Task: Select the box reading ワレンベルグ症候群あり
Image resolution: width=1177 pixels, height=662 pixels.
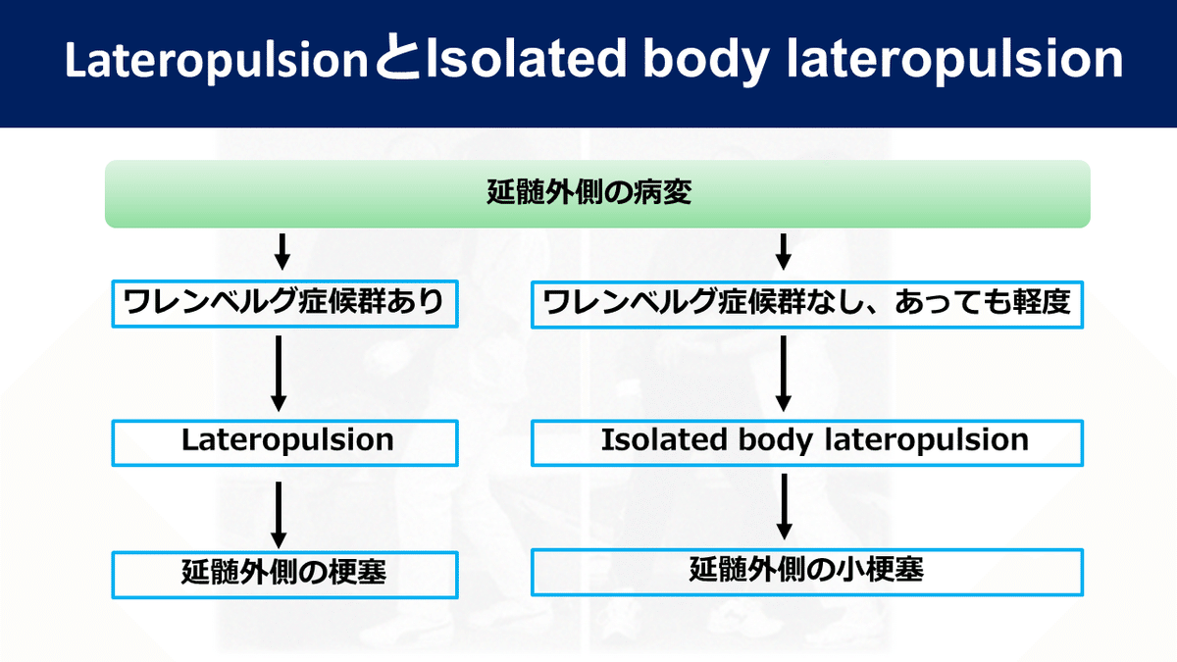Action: point(285,305)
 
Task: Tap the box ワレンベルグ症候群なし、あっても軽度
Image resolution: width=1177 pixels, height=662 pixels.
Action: point(806,305)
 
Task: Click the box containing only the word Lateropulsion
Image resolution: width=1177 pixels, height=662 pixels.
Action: point(285,441)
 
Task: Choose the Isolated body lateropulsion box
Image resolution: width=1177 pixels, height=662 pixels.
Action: point(806,441)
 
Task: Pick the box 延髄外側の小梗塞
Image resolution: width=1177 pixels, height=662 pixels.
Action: point(806,571)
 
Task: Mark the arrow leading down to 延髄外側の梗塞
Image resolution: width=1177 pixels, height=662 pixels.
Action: point(279,515)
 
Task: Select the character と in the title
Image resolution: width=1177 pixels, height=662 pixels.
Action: point(396,61)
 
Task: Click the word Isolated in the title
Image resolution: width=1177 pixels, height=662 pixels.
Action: point(520,61)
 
